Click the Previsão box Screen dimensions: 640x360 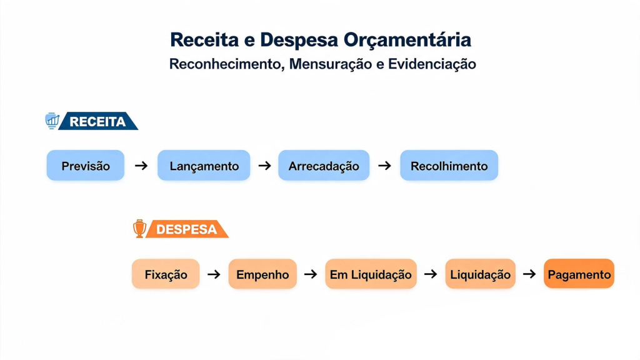coord(85,165)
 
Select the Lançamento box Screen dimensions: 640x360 coord(204,165)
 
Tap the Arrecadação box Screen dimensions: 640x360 coord(324,165)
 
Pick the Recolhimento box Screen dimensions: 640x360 coord(449,165)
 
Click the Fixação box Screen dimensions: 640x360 coord(166,274)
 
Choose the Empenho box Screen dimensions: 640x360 coord(262,274)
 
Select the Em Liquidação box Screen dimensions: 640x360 coord(371,274)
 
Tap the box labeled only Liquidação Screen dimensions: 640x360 coord(480,274)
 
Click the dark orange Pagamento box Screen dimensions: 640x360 coord(579,274)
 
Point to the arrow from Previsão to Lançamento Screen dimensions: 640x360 coord(141,166)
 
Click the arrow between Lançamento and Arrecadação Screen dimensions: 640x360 coord(264,166)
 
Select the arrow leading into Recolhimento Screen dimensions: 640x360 coord(384,166)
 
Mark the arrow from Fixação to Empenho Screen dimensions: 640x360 coord(214,274)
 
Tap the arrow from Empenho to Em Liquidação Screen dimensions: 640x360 coord(311,274)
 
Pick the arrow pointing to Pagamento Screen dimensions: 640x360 coord(529,274)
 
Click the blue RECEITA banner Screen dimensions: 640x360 coord(98,121)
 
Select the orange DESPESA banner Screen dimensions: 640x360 coord(187,229)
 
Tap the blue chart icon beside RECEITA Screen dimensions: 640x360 coord(52,121)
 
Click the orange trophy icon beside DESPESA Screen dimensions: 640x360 coord(139,228)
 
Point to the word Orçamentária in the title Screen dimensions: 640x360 coord(407,40)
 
